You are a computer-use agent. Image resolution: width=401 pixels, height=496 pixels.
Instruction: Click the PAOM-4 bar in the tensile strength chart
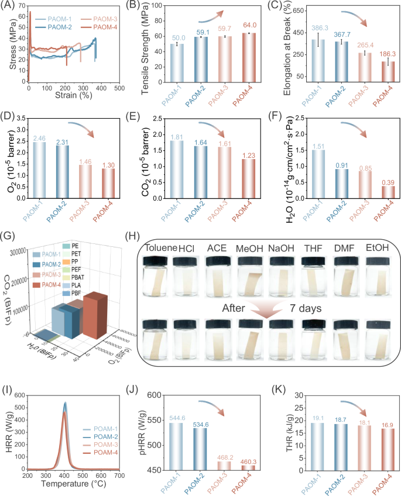[x=242, y=58]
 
